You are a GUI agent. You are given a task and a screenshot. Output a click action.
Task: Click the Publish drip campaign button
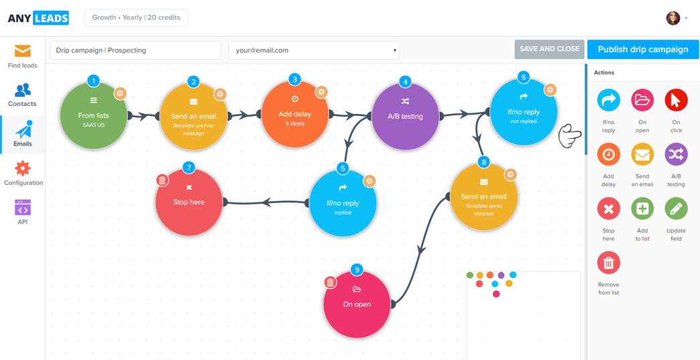[x=642, y=50]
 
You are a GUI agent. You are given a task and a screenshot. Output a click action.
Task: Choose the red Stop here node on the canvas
[x=188, y=202]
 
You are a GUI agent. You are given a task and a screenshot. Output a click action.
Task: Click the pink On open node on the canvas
[x=357, y=305]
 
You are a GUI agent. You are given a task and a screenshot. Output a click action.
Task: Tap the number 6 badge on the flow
[x=524, y=77]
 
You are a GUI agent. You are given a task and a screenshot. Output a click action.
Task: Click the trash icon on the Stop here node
[x=162, y=180]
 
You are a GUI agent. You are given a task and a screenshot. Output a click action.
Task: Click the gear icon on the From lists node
[x=120, y=94]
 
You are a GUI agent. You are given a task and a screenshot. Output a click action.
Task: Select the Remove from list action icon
[x=608, y=263]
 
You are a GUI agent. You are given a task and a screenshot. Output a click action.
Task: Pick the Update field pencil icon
[x=676, y=208]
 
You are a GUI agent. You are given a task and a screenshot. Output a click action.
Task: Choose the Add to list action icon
[x=642, y=208]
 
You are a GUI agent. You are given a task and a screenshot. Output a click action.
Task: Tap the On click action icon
[x=676, y=101]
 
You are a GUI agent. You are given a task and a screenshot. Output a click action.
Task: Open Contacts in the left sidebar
[x=23, y=95]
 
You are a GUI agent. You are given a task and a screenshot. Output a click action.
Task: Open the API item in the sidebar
[x=23, y=211]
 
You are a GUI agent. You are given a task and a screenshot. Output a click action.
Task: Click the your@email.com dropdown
[x=314, y=50]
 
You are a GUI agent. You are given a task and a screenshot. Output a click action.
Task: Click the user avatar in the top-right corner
[x=673, y=18]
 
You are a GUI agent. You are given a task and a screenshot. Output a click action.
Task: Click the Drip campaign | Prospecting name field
[x=135, y=50]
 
